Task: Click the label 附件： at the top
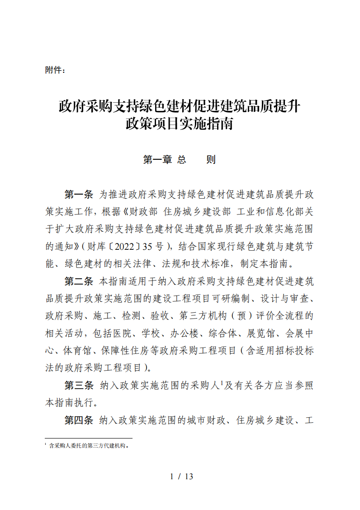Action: click(56, 70)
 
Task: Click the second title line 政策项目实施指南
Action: click(179, 124)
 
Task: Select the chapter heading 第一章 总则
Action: click(179, 160)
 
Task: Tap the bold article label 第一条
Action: click(78, 195)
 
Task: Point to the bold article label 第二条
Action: click(78, 281)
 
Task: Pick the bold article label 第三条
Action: click(78, 385)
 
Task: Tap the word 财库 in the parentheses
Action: click(95, 247)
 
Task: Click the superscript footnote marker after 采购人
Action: click(222, 382)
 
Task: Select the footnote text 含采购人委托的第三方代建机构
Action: click(88, 445)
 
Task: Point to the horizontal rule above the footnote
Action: click(89, 438)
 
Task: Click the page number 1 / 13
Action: click(181, 477)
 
